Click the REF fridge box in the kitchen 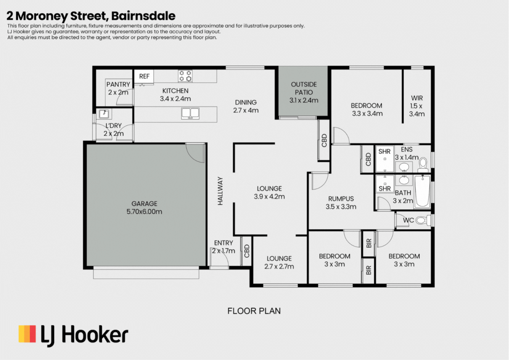point(144,76)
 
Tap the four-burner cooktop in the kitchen point(185,76)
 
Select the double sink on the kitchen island point(190,113)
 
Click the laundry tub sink point(104,114)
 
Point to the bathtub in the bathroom point(422,191)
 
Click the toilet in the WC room point(423,220)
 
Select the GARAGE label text point(144,204)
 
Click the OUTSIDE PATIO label point(304,88)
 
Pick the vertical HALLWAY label point(220,191)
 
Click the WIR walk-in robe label point(417,98)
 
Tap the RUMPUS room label point(341,199)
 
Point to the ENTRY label point(223,243)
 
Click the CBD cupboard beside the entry point(247,251)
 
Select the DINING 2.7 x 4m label point(246,106)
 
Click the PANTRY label point(118,84)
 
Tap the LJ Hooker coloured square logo point(27,334)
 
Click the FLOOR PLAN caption point(254,311)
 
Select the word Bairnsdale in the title point(143,16)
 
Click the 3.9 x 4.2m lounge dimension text point(269,196)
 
